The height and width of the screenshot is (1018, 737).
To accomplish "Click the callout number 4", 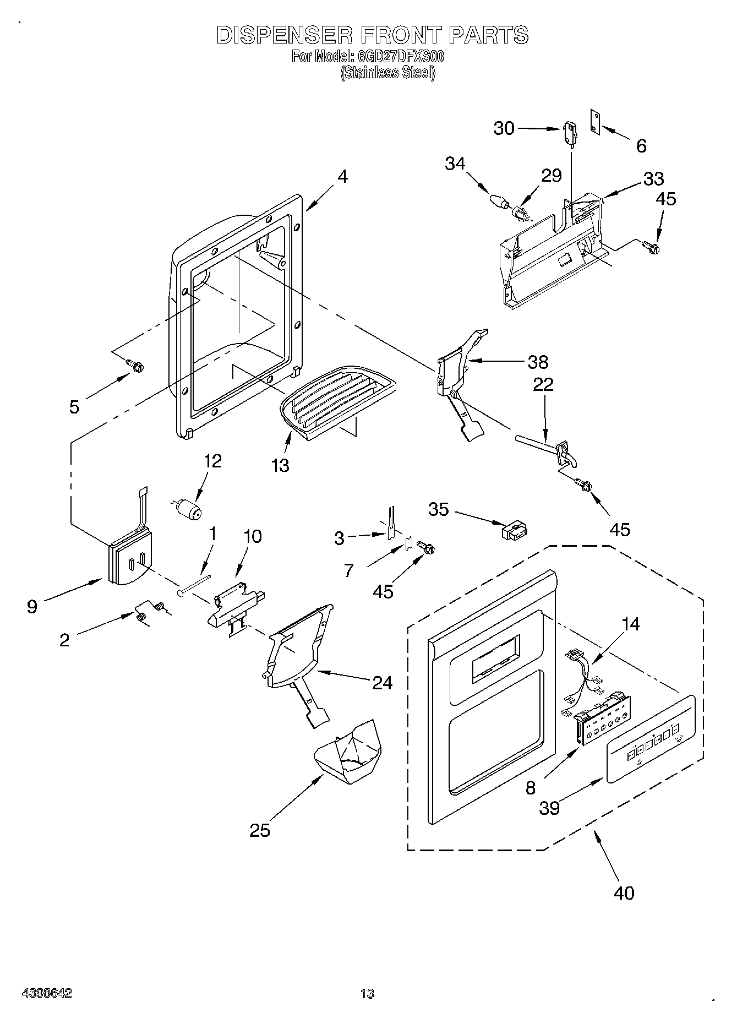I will [x=342, y=177].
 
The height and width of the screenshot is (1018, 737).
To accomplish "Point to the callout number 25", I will [x=260, y=830].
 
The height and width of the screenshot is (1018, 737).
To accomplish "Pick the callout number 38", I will [x=538, y=362].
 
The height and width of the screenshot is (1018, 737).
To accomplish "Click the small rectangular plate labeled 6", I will [x=595, y=121].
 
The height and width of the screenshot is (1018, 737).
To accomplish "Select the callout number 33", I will [x=653, y=178].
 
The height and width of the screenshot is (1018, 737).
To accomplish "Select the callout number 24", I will [x=382, y=683].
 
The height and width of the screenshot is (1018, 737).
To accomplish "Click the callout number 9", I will [x=32, y=607].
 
